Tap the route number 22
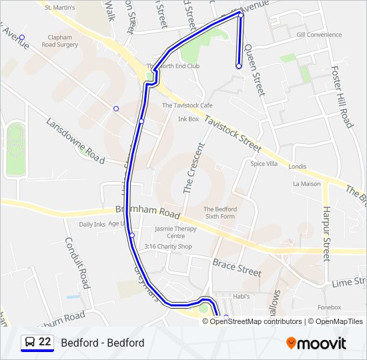[x=45, y=342]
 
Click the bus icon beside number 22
[x=30, y=343]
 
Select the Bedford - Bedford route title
[x=102, y=343]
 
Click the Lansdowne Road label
[x=75, y=141]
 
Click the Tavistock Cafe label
[x=187, y=105]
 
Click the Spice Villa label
[x=264, y=163]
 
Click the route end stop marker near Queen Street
[x=239, y=66]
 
